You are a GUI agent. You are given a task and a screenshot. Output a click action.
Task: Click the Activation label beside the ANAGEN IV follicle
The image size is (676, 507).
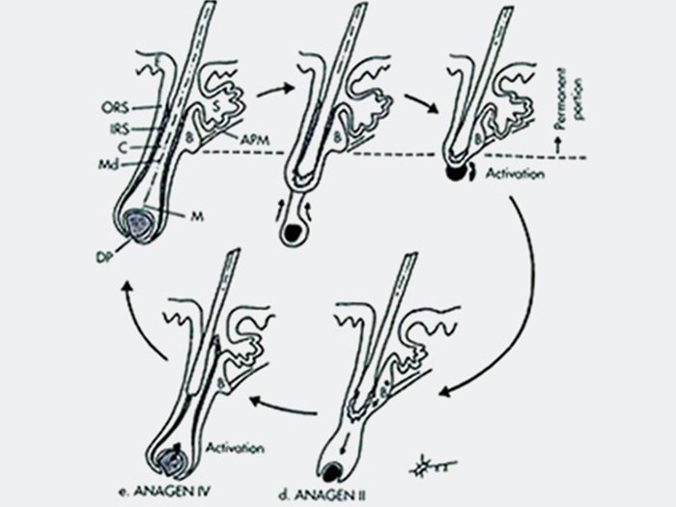pos(232,447)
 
